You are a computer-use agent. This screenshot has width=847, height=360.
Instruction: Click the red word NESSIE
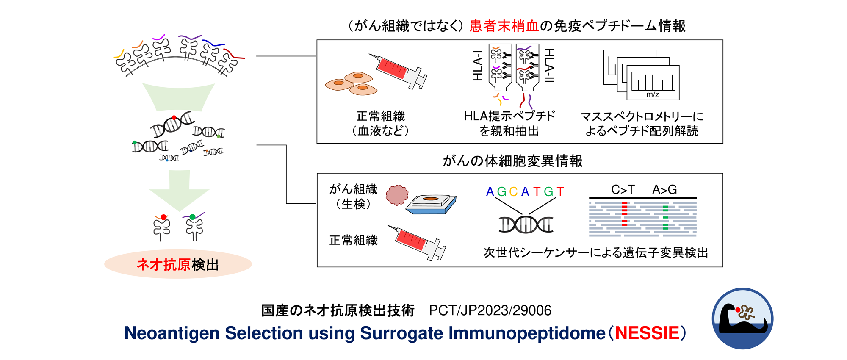pyautogui.click(x=647, y=333)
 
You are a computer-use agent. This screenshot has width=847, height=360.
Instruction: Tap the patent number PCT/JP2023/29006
pyautogui.click(x=490, y=310)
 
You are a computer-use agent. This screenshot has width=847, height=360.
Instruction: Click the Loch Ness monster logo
pyautogui.click(x=742, y=318)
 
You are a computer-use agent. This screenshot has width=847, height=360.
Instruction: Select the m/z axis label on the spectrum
pyautogui.click(x=653, y=94)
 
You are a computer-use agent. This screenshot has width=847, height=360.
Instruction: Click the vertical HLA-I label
pyautogui.click(x=478, y=65)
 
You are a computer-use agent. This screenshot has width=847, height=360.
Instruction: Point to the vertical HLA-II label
pyautogui.click(x=549, y=65)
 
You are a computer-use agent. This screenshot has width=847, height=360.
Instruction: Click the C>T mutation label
pyautogui.click(x=623, y=189)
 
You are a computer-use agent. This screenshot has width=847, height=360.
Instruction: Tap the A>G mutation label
pyautogui.click(x=664, y=189)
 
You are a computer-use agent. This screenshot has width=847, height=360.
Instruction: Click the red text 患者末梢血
pyautogui.click(x=504, y=26)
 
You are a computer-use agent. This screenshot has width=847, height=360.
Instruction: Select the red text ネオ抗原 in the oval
pyautogui.click(x=163, y=265)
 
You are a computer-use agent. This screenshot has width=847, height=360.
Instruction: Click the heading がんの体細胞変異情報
pyautogui.click(x=512, y=161)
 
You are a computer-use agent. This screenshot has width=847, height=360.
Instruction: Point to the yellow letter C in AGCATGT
pyautogui.click(x=513, y=192)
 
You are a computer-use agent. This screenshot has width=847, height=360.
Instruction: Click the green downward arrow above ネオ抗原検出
pyautogui.click(x=179, y=190)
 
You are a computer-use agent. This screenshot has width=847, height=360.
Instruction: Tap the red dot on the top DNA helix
pyautogui.click(x=174, y=118)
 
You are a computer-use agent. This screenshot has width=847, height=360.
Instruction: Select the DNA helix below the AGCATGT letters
pyautogui.click(x=526, y=224)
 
